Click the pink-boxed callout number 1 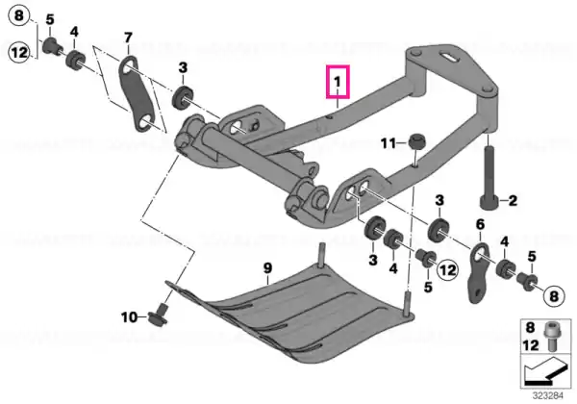coord(338,82)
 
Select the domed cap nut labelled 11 coord(417,141)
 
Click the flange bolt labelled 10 coord(159,315)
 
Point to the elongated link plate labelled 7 coord(138,92)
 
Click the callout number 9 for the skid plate coord(267,268)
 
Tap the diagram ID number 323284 coord(548,396)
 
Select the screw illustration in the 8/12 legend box coord(551,337)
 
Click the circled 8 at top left coord(18,16)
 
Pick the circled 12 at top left coord(18,52)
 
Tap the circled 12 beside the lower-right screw coord(447,270)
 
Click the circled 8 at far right coord(554,295)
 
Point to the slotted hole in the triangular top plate coord(452,57)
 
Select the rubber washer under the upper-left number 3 coord(183,97)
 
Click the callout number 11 coord(388,142)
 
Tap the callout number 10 coord(129,316)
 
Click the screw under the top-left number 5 coord(51,46)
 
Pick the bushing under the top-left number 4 coord(75,60)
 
